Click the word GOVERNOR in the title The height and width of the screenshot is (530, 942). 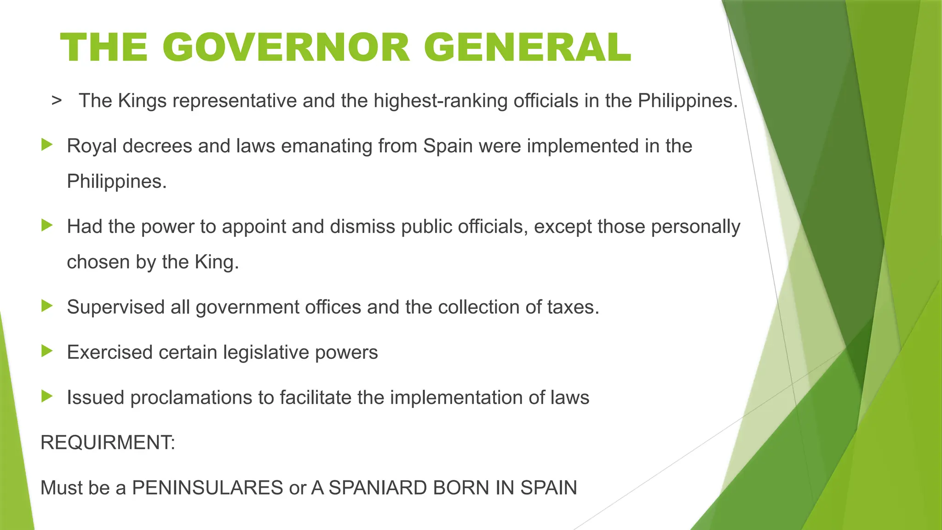coord(286,47)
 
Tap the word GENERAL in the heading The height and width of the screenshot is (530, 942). coord(527,47)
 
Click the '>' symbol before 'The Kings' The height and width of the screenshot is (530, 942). coord(57,100)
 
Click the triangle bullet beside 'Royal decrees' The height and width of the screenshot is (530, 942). coord(47,145)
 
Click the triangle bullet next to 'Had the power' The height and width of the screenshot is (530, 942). coord(47,225)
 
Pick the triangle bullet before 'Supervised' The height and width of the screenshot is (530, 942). coord(47,305)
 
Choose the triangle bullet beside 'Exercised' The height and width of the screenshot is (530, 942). coord(47,351)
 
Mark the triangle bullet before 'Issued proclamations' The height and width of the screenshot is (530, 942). coord(47,396)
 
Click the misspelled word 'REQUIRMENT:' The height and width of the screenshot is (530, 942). coord(108,443)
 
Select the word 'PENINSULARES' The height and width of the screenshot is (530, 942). coord(207,488)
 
